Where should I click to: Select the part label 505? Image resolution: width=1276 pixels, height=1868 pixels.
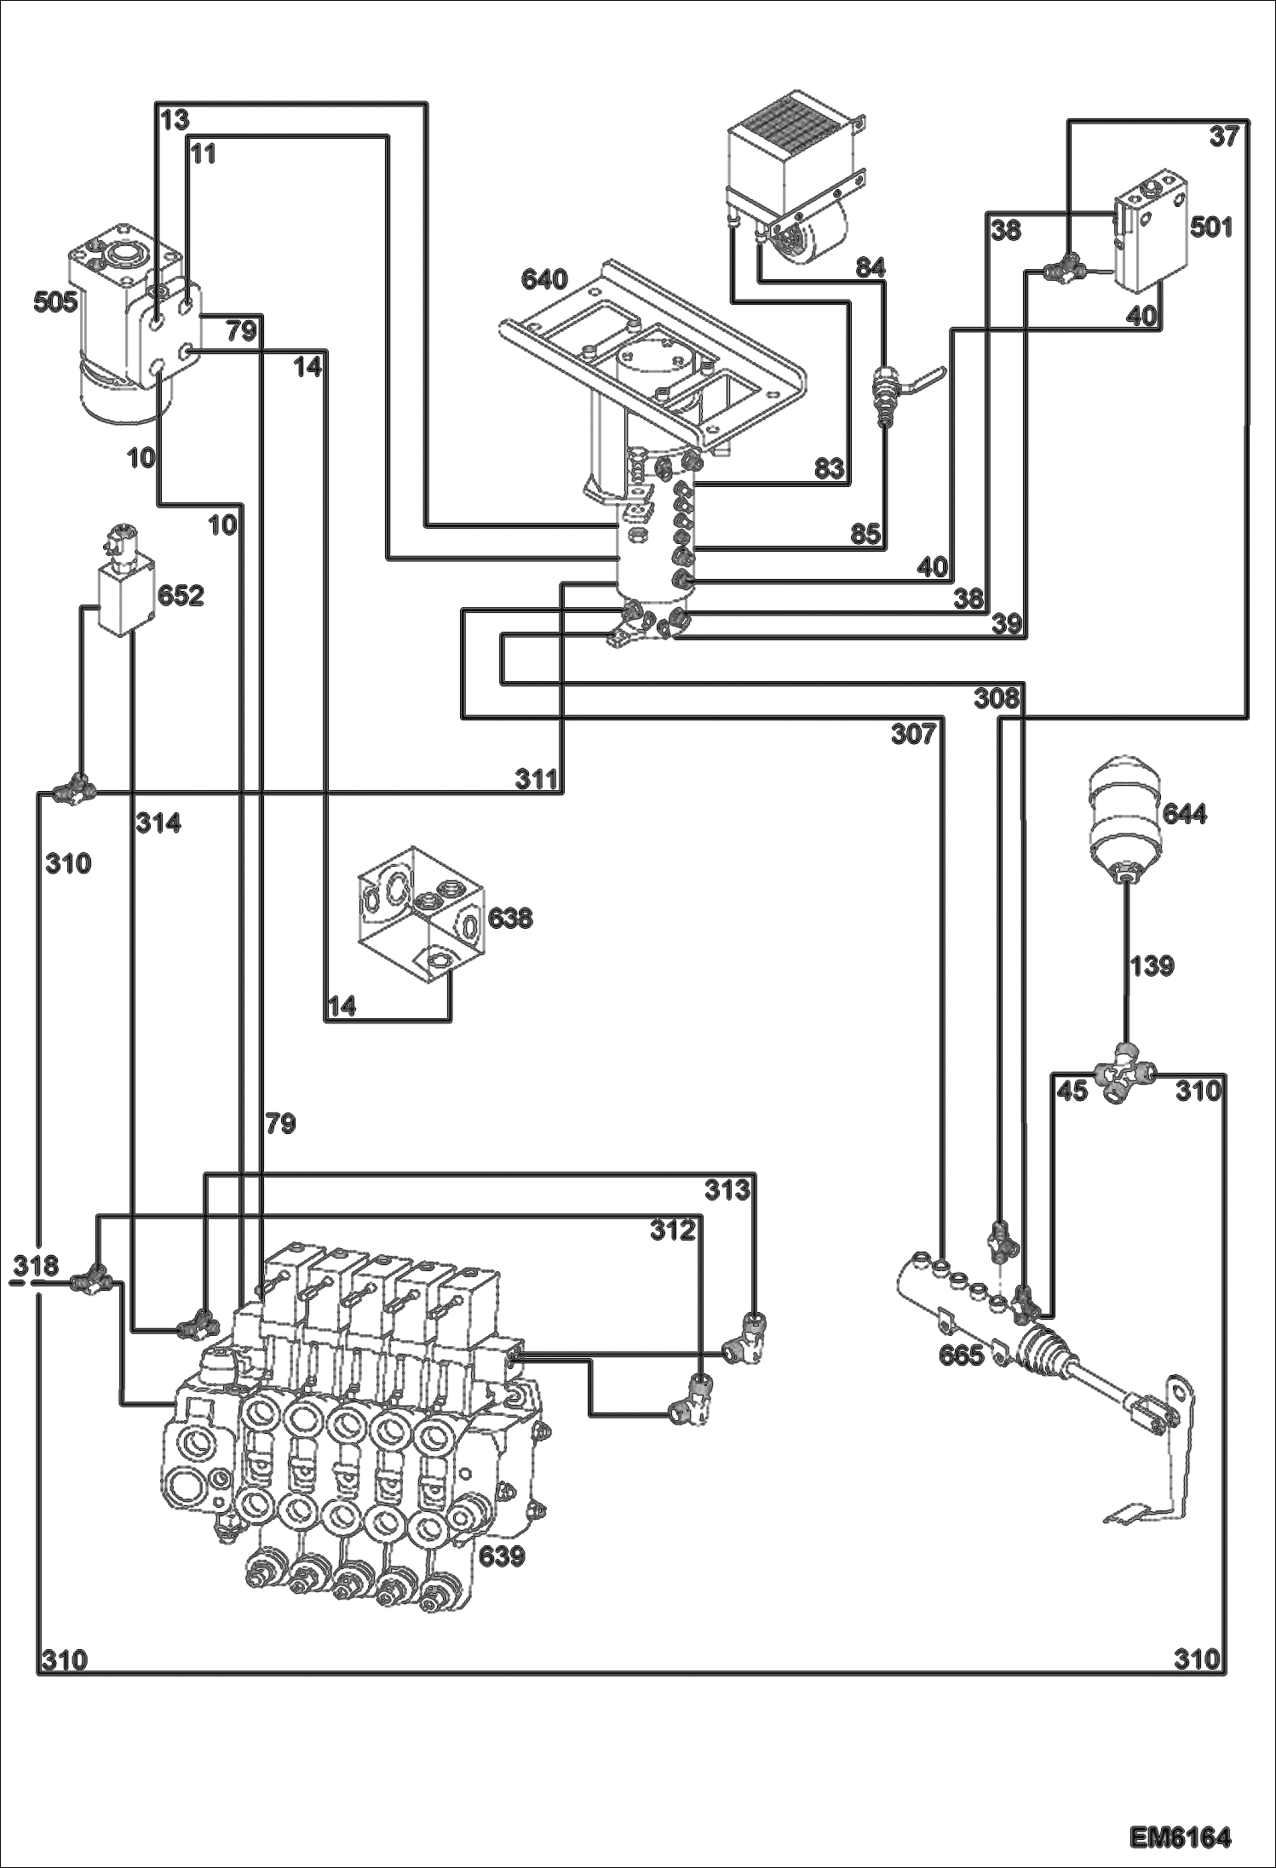coord(55,301)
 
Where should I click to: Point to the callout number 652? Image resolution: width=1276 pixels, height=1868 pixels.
coord(181,595)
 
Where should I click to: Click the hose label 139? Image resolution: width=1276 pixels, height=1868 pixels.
coord(1152,966)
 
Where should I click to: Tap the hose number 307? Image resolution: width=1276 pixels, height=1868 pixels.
coord(913,733)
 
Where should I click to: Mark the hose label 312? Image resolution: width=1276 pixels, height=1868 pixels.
coord(673,1229)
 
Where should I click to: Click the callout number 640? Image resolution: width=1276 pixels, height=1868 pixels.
coord(544,279)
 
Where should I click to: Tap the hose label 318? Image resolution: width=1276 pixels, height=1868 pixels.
coord(36,1265)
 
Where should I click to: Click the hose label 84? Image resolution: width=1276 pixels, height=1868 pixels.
coord(871,268)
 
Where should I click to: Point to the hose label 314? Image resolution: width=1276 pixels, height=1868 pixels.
coord(159,823)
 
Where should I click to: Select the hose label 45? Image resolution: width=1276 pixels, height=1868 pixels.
coord(1072,1091)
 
